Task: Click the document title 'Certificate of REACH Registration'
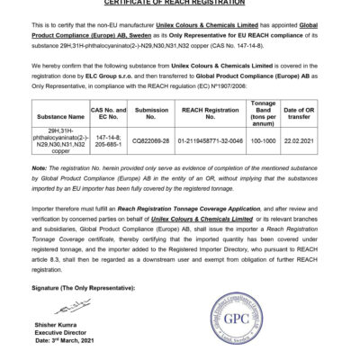[180, 3]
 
